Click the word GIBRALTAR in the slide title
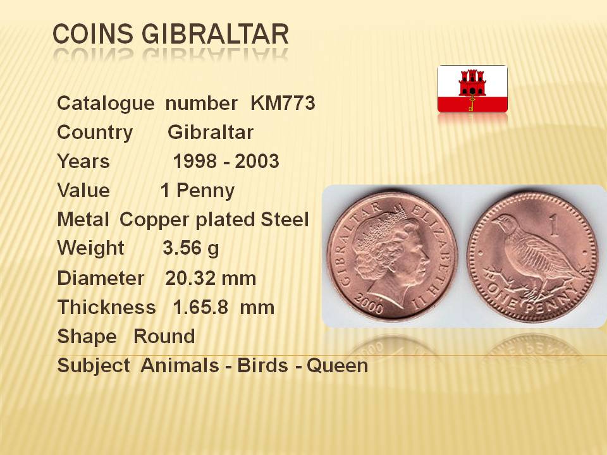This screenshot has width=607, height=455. (215, 34)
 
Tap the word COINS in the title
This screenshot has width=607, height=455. (93, 34)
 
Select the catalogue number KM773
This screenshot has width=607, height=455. (283, 103)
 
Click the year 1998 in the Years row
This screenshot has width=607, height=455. (194, 161)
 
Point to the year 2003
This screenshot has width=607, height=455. (257, 161)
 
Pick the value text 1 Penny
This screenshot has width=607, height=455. (197, 191)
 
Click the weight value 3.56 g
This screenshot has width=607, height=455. (191, 248)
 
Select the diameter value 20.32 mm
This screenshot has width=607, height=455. (211, 278)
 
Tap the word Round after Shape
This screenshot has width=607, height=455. (164, 336)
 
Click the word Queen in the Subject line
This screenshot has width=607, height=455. (337, 366)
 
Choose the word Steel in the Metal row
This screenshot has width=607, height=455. (285, 219)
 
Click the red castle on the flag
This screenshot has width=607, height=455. (472, 83)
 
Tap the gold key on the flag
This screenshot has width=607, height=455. (472, 103)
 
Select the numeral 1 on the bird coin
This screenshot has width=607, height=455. (555, 226)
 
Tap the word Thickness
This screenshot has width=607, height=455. (106, 308)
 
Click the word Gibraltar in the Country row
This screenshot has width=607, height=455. (211, 132)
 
